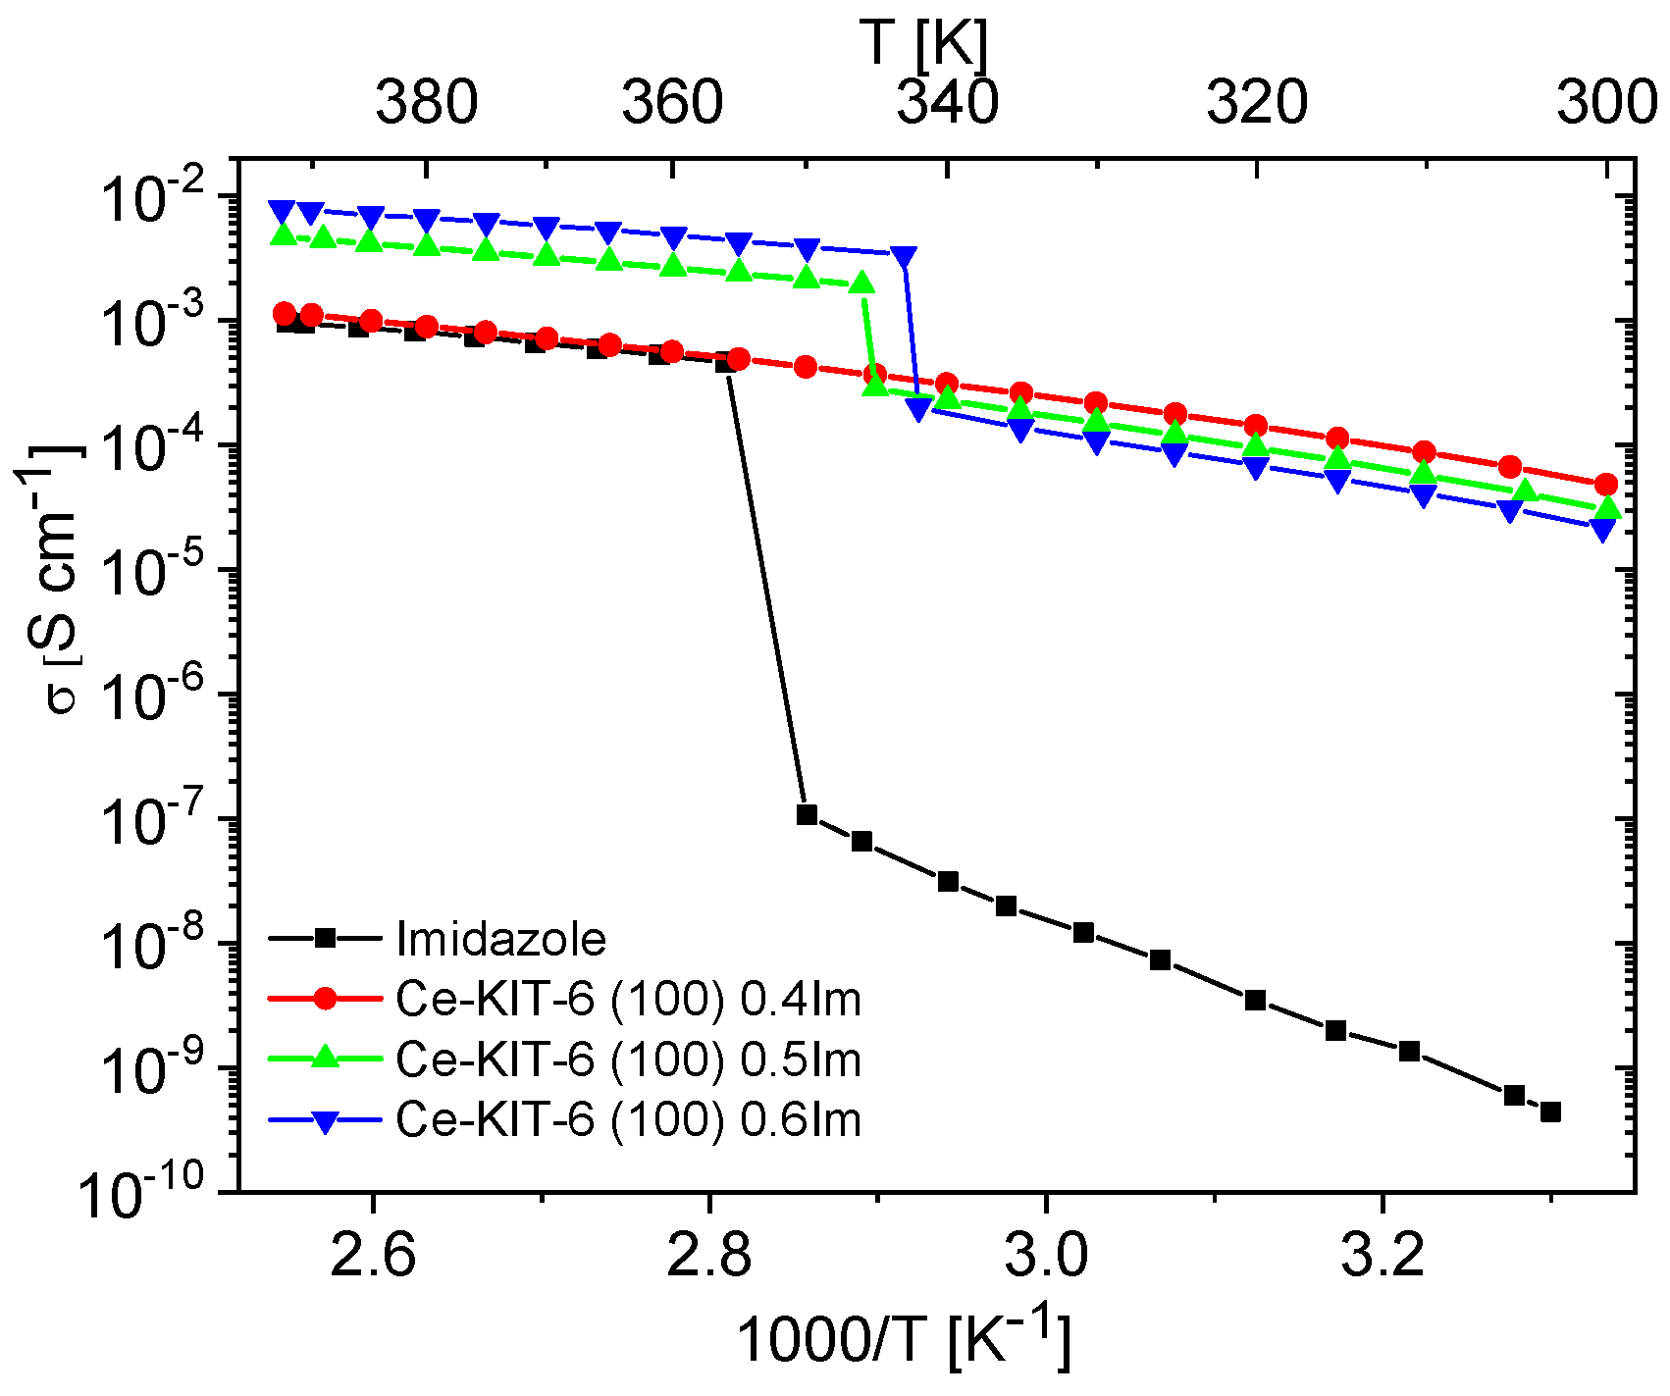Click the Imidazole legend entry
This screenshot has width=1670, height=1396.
[500, 939]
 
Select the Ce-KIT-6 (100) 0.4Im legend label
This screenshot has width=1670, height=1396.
[628, 999]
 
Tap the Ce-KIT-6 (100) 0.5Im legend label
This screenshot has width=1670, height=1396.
[628, 1059]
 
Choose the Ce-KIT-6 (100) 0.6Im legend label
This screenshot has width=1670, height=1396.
[628, 1118]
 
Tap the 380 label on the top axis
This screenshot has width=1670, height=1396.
[427, 102]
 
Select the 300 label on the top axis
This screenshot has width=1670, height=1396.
[1607, 102]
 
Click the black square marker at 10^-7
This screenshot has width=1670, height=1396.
[807, 814]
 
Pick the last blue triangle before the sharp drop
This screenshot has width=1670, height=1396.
[905, 256]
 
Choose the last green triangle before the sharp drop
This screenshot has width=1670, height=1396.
[861, 284]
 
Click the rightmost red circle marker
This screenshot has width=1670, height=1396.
[1605, 485]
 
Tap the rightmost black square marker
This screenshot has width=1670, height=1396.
[1550, 1112]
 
